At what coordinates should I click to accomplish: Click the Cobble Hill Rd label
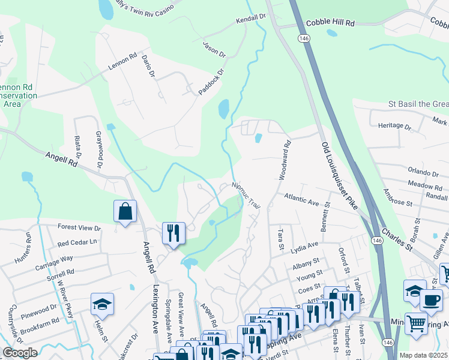[330, 23]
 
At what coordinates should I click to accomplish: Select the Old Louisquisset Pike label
[339, 176]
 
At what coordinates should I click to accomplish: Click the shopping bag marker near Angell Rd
[125, 211]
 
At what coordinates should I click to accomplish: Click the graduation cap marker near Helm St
[102, 304]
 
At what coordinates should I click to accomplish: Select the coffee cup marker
[430, 300]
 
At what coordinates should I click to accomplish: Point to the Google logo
[20, 353]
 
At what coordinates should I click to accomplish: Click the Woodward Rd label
[284, 160]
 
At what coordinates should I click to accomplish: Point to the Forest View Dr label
[79, 228]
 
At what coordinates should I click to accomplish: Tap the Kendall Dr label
[250, 19]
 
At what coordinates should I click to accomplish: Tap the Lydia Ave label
[304, 246]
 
